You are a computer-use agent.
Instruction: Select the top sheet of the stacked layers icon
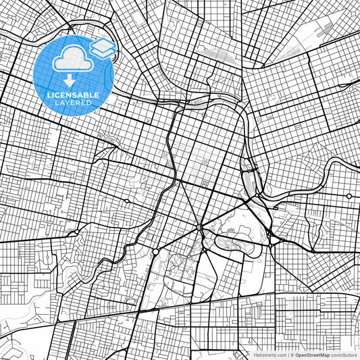click(103, 44)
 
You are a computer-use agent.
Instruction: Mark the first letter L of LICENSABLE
click(48, 95)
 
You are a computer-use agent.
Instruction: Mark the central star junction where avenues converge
click(201, 228)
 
